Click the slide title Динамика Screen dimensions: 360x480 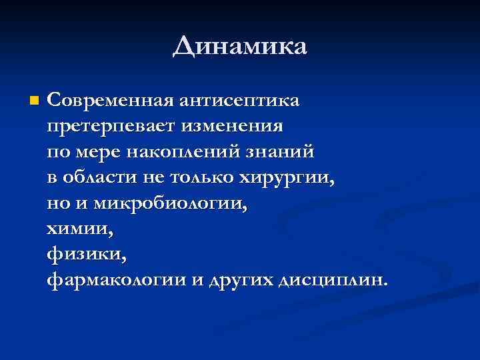click(x=240, y=47)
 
